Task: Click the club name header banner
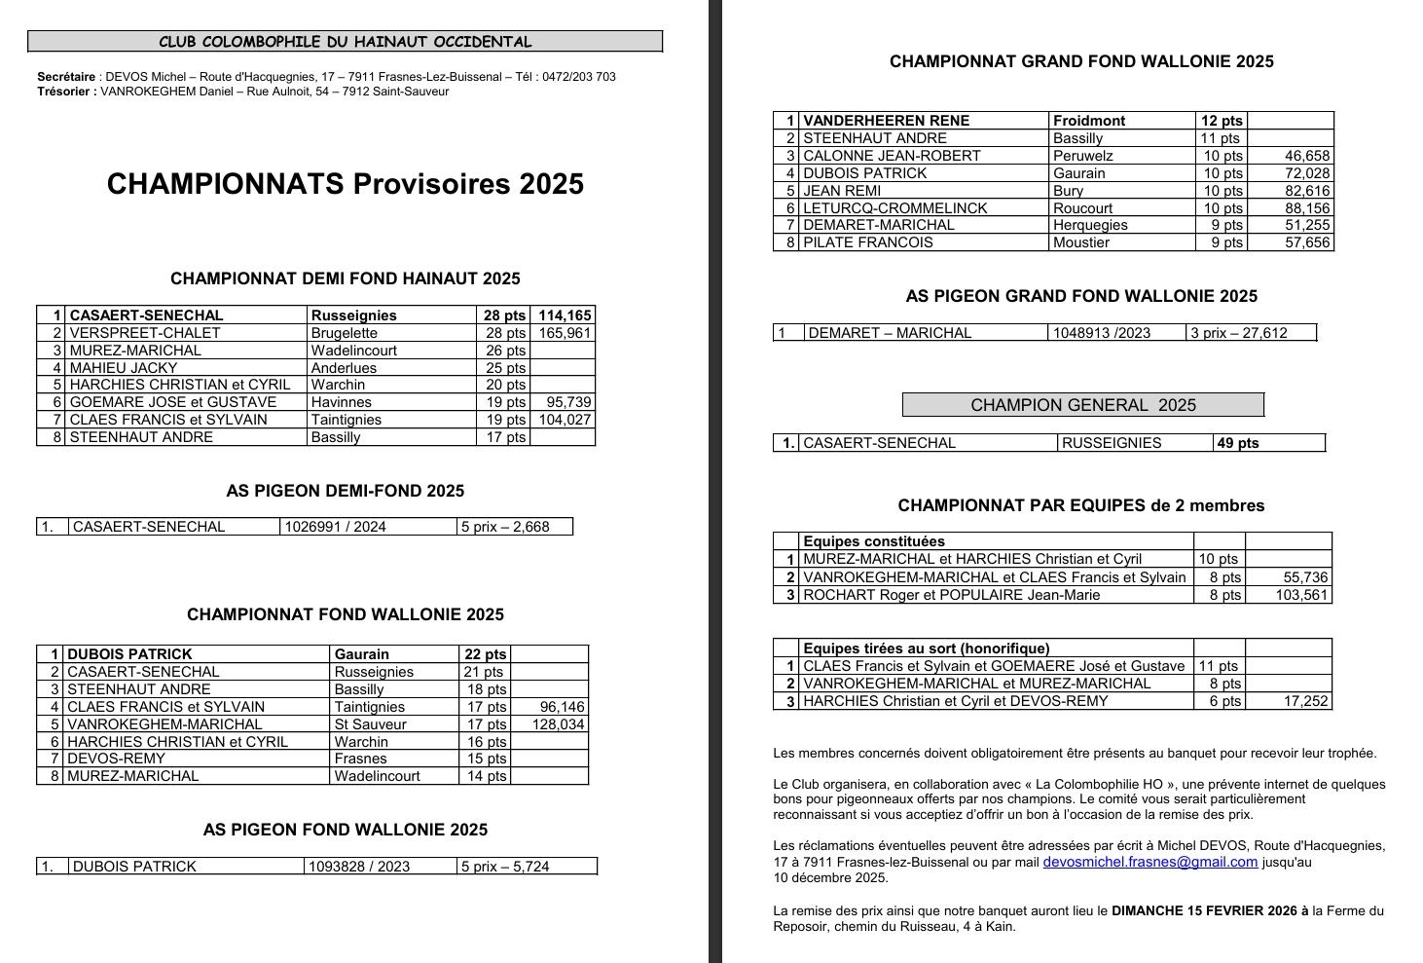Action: click(x=345, y=42)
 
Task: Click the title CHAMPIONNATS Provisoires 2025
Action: click(x=345, y=184)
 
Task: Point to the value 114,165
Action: click(x=565, y=315)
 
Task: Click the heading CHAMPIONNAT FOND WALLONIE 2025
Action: click(x=345, y=614)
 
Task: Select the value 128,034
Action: click(x=558, y=724)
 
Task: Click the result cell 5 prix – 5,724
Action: click(x=505, y=867)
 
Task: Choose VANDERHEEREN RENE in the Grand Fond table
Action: click(x=886, y=121)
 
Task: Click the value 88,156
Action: click(x=1306, y=208)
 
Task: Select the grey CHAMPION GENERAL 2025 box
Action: click(x=1082, y=405)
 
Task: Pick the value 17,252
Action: click(x=1306, y=701)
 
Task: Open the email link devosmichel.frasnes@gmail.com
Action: click(x=1149, y=862)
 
